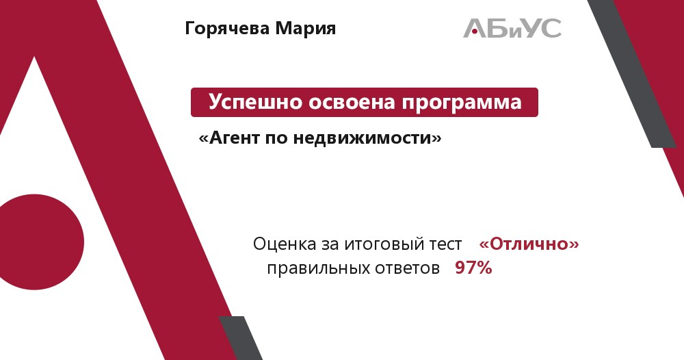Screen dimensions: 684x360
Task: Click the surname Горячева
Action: pyautogui.click(x=227, y=29)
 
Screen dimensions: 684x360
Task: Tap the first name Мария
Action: pyautogui.click(x=305, y=29)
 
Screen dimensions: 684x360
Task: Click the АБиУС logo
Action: pyautogui.click(x=512, y=28)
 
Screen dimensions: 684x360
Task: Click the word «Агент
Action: pyautogui.click(x=229, y=138)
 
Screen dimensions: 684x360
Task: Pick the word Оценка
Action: pyautogui.click(x=285, y=244)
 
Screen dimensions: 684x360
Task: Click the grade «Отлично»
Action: pyautogui.click(x=529, y=244)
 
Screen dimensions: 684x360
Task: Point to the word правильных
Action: pyautogui.click(x=311, y=268)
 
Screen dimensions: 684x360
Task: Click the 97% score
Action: pyautogui.click(x=473, y=268)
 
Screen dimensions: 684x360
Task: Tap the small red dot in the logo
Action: pyautogui.click(x=474, y=31)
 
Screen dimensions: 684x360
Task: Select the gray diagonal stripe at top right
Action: pyautogui.click(x=633, y=74)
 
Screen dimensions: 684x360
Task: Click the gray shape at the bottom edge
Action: pyautogui.click(x=241, y=338)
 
